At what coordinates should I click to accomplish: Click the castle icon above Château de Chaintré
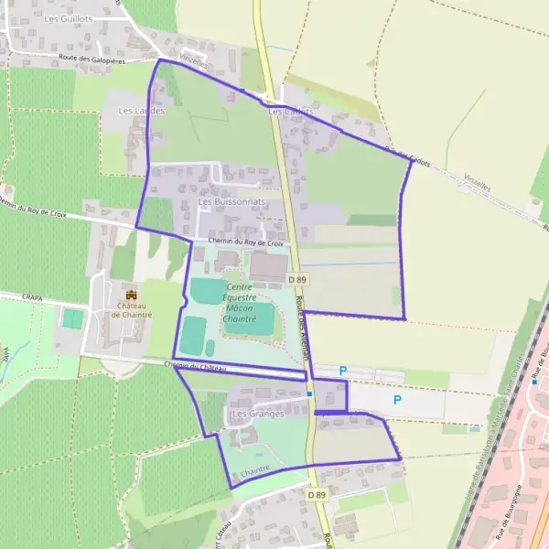(132, 296)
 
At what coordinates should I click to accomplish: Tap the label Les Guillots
(70, 18)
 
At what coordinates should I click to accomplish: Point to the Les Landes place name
(141, 111)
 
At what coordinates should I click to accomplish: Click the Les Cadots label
(291, 112)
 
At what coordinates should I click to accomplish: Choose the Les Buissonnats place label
(231, 201)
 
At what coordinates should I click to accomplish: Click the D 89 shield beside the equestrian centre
(295, 279)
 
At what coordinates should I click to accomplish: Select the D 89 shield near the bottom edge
(317, 495)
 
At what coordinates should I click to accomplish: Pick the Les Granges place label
(258, 414)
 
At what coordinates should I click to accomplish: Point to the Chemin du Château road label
(195, 366)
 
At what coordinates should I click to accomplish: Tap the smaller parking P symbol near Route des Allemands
(343, 371)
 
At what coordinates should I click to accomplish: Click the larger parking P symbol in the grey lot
(397, 400)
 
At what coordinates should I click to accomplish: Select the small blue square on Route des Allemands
(310, 394)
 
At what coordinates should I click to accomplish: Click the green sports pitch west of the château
(72, 319)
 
